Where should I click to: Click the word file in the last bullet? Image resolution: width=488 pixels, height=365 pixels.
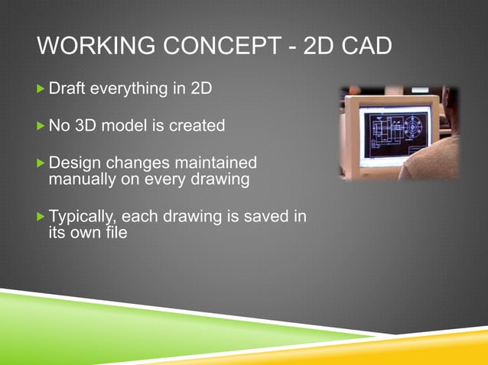pos(112,234)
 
